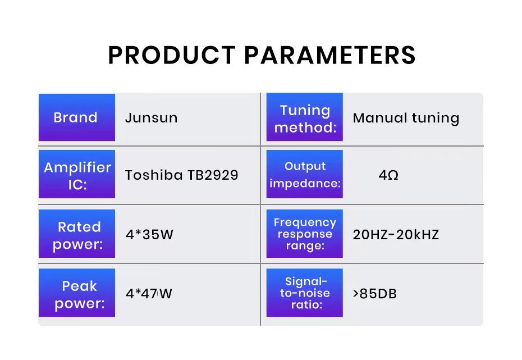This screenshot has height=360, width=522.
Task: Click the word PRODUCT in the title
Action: click(x=172, y=55)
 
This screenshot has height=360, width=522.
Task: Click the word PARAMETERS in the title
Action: click(x=330, y=55)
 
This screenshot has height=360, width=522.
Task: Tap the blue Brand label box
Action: click(x=77, y=117)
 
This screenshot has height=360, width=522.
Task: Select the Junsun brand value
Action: click(x=152, y=118)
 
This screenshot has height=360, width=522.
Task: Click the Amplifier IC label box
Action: click(x=77, y=174)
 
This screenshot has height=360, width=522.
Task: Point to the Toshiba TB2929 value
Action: click(x=182, y=175)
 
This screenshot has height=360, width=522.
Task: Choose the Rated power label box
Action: click(x=77, y=234)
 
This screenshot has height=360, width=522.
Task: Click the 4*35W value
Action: click(x=149, y=234)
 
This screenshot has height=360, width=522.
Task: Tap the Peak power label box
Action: click(x=77, y=293)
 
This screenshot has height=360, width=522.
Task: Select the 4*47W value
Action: click(x=149, y=294)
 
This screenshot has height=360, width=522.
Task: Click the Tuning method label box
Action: click(x=305, y=117)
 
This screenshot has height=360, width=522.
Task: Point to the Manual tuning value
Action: click(x=406, y=119)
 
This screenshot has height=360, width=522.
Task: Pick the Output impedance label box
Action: click(x=305, y=174)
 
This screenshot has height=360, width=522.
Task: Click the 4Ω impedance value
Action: click(x=388, y=175)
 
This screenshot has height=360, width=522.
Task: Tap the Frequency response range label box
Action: click(x=305, y=234)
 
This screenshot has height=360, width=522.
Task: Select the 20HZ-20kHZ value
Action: click(x=396, y=234)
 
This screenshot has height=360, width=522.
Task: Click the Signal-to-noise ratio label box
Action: click(x=305, y=293)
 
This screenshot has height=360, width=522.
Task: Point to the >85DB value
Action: click(x=375, y=294)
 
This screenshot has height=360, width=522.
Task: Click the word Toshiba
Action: click(x=154, y=175)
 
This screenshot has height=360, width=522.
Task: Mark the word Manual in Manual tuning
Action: click(x=380, y=118)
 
